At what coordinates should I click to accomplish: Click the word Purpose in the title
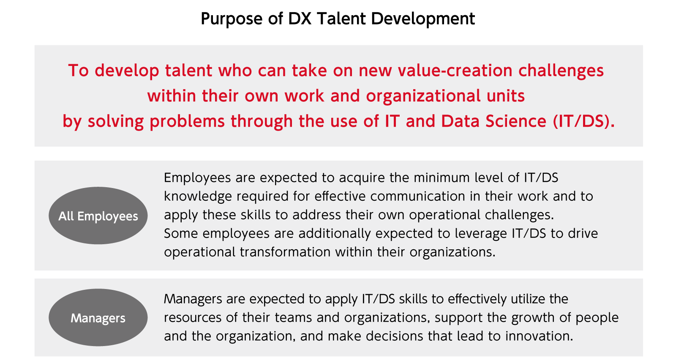click(x=232, y=19)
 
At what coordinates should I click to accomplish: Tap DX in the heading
click(x=300, y=19)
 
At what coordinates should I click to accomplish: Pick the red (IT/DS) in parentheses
click(x=583, y=121)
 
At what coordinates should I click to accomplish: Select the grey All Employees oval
click(x=98, y=215)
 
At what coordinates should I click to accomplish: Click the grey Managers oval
click(x=98, y=318)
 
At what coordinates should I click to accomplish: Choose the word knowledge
click(x=198, y=196)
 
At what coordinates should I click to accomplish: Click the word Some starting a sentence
click(x=181, y=233)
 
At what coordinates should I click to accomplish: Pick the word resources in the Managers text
click(x=194, y=317)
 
